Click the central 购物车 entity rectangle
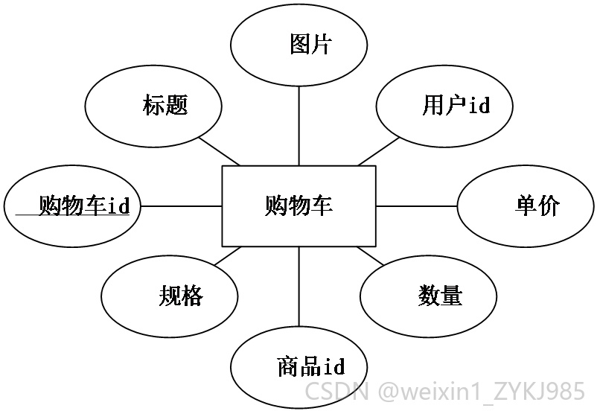[299, 206]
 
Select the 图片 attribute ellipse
[299, 45]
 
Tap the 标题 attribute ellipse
[153, 106]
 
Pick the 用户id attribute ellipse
[444, 106]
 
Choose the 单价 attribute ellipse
[526, 206]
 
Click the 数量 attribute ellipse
[428, 296]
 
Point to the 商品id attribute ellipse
[299, 367]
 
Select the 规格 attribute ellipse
[170, 296]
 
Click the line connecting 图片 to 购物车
[299, 126]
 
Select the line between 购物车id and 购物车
[181, 206]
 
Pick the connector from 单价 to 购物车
[417, 206]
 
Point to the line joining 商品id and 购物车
[299, 287]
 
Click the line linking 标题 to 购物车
[220, 151]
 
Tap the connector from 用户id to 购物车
[378, 151]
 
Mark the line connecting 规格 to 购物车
[228, 256]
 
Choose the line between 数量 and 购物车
[371, 256]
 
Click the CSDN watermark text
[337, 391]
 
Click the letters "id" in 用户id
[479, 105]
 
